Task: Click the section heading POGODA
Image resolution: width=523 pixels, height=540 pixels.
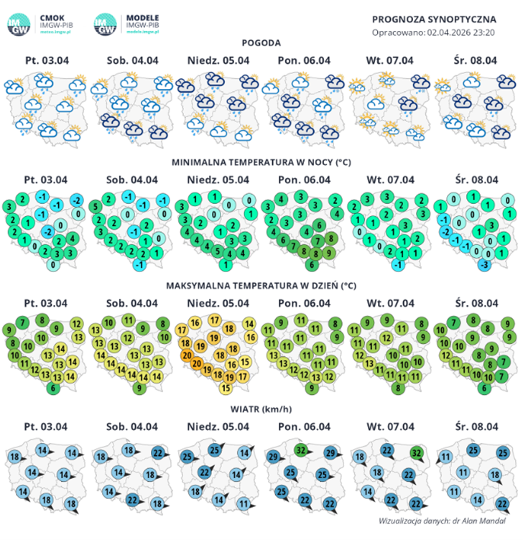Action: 261,43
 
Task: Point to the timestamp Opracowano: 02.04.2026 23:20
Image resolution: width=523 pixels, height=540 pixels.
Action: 435,32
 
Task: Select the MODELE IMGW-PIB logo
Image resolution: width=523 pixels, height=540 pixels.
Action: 127,24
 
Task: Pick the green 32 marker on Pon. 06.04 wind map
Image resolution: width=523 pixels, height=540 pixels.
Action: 301,450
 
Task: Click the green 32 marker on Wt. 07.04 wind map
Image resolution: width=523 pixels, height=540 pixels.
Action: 416,453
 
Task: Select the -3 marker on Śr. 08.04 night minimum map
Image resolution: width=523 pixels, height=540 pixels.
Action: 486,264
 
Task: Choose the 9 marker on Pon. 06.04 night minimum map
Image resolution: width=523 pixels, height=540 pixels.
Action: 329,253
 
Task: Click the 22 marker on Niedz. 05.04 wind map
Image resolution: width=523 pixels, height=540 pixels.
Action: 204,472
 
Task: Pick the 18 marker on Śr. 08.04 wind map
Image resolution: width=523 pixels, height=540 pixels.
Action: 494,475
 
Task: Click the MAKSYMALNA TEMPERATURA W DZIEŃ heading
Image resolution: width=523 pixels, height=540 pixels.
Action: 261,286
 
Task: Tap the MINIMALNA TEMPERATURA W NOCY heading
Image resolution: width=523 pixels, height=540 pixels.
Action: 261,162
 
